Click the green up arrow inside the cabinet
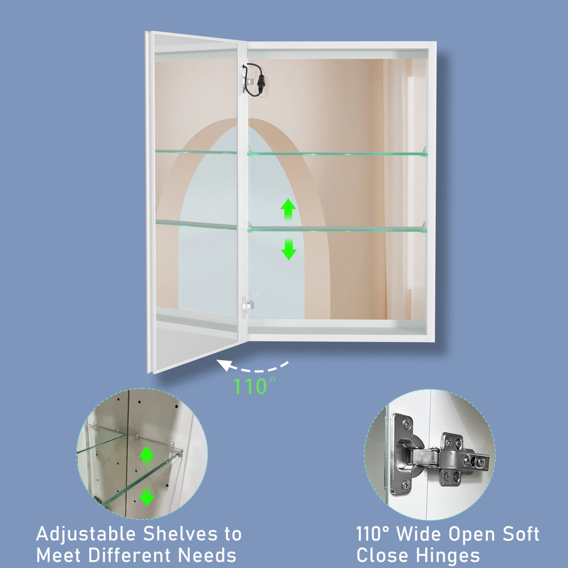click(288, 209)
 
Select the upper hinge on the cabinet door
click(247, 81)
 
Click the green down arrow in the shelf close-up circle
click(147, 496)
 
